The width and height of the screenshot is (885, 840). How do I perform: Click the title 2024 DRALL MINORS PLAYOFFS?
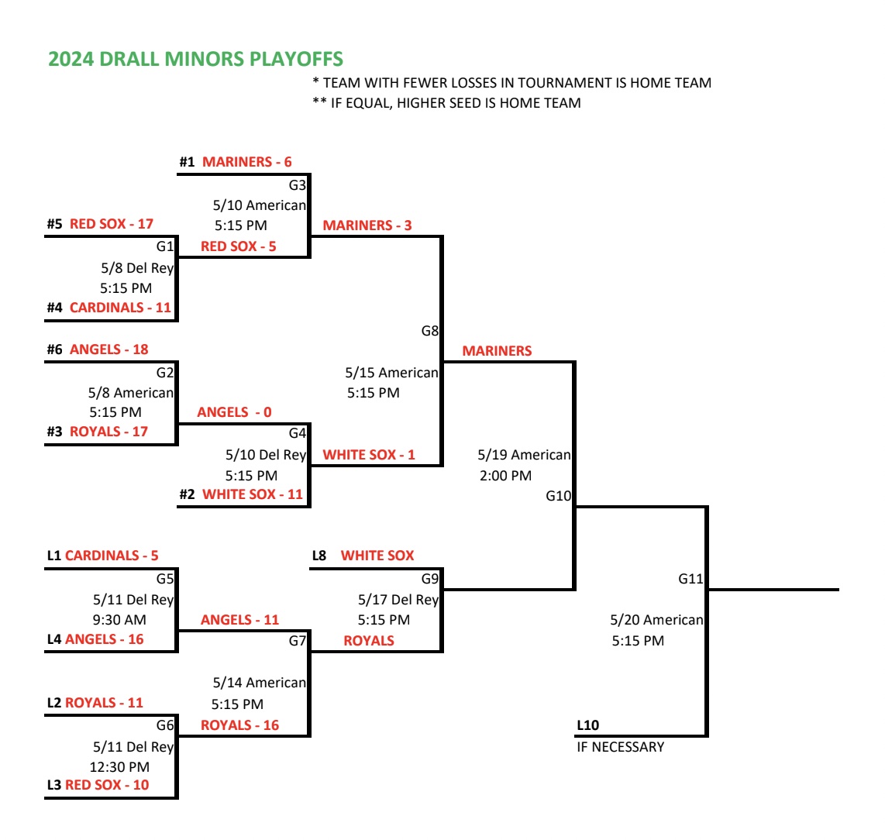pos(195,60)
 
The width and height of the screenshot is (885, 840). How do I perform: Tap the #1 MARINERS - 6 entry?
pos(236,162)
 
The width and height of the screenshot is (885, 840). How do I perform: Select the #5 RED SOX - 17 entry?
pos(100,224)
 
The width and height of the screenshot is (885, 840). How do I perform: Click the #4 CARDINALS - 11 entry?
pos(108,308)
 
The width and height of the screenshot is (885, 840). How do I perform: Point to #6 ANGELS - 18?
pos(98,349)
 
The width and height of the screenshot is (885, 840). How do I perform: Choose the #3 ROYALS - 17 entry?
pos(98,432)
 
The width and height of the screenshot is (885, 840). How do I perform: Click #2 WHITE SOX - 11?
pos(241,494)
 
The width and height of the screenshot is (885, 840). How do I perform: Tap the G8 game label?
pos(429,331)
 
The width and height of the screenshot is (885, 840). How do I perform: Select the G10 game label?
pos(558,496)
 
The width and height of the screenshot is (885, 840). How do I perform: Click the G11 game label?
pos(690,579)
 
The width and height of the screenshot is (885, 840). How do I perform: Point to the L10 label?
pos(588,725)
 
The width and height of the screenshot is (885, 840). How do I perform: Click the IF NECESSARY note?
pos(620,747)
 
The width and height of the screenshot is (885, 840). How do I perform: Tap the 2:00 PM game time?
pos(505,476)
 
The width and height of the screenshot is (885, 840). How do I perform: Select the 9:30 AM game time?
pos(119,620)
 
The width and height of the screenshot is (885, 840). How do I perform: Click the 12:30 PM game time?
pos(119,767)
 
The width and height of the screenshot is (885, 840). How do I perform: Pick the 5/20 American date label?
pos(656,620)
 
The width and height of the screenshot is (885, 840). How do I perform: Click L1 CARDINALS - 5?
pos(102,556)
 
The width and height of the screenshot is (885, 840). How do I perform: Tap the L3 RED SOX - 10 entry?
pos(98,785)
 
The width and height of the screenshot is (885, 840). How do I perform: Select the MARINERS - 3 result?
pos(367,225)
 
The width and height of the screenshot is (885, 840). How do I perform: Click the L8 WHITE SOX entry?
pos(363,556)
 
